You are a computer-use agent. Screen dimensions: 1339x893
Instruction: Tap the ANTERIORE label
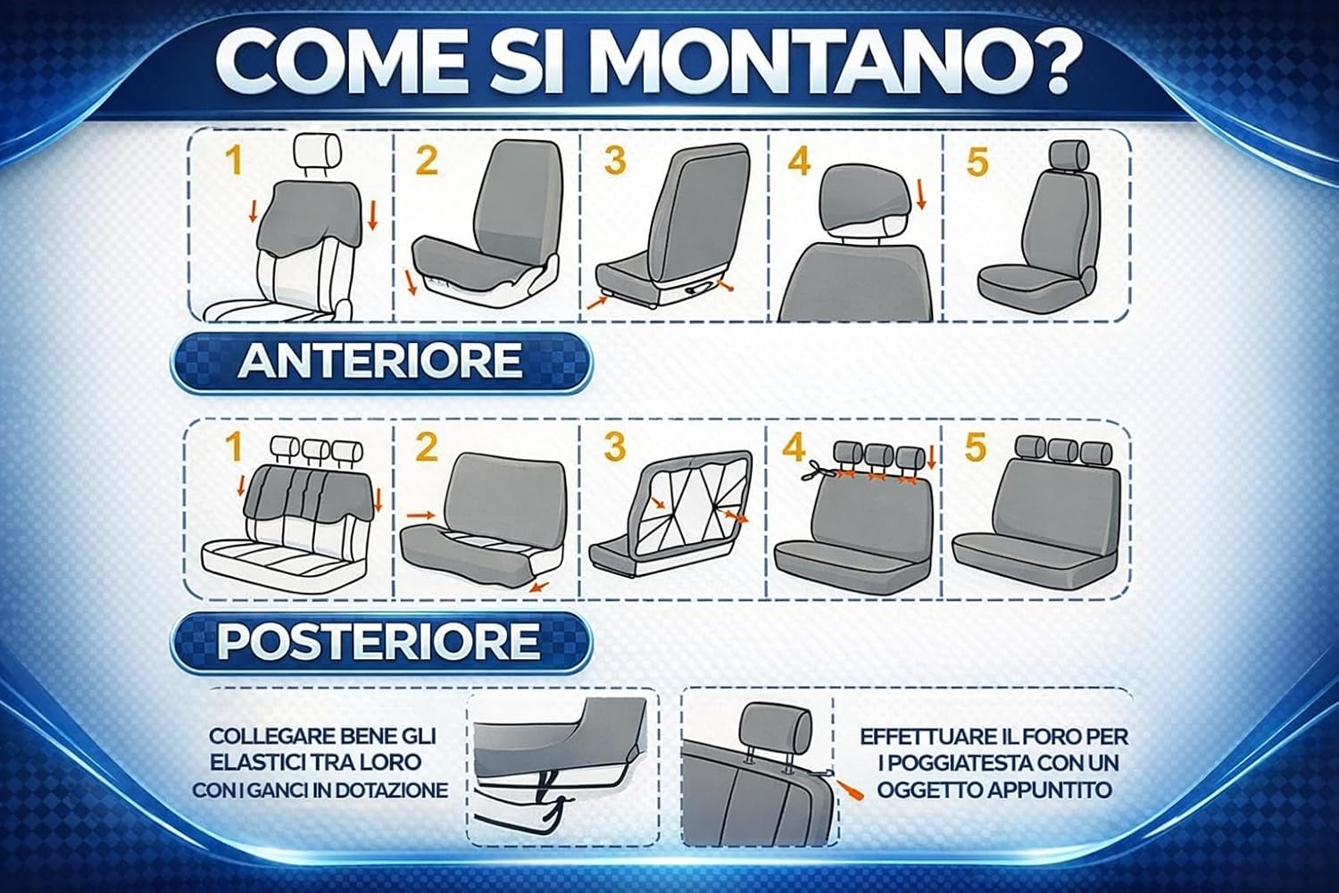(380, 362)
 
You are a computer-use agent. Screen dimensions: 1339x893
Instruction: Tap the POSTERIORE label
(378, 641)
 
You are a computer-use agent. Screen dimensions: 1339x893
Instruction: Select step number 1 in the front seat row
(234, 161)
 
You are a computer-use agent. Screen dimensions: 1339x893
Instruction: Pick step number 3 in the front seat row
(614, 161)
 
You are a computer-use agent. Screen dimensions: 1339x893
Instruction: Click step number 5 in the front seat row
(977, 163)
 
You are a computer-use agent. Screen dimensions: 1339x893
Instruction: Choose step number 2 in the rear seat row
(426, 446)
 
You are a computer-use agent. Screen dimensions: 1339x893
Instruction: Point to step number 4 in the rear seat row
(794, 446)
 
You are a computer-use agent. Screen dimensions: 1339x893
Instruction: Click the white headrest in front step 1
(318, 149)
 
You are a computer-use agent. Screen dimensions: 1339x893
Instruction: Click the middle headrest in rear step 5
(1063, 450)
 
